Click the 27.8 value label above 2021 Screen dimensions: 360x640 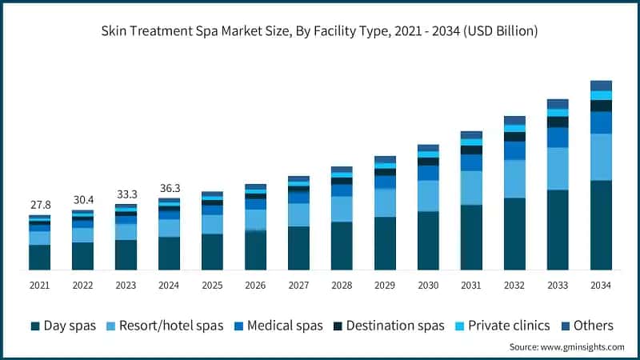[x=39, y=205]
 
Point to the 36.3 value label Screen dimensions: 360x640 [x=169, y=188]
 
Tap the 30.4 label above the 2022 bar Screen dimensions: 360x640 [x=82, y=199]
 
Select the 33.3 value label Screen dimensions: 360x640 [x=126, y=194]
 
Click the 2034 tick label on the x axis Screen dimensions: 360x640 [x=601, y=286]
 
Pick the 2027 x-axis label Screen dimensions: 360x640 [x=298, y=286]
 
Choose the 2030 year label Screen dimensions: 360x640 [x=428, y=286]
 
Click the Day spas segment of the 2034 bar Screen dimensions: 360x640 [x=601, y=226]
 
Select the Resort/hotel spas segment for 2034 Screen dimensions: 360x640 [x=601, y=158]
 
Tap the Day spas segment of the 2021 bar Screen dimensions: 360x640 [x=39, y=258]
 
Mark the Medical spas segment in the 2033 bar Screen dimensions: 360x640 [x=558, y=138]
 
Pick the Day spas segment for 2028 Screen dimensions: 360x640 [x=342, y=246]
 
